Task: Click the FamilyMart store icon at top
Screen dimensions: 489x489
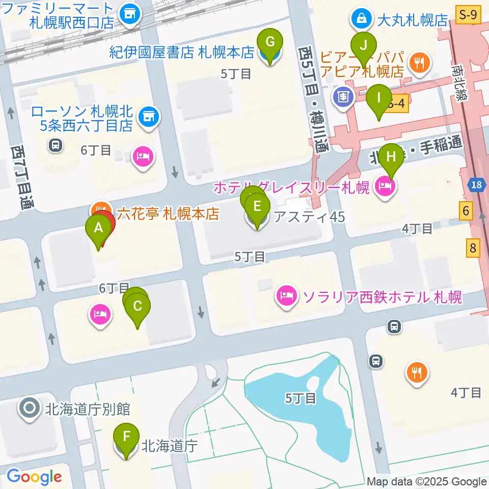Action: coord(130,15)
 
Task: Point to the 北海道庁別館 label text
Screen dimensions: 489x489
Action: coord(88,409)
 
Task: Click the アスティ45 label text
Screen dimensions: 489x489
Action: coord(309,217)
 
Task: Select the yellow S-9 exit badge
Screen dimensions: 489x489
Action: coord(469,16)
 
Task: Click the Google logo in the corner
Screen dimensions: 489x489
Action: coord(34,476)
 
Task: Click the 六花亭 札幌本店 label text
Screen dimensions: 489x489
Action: coord(168,213)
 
